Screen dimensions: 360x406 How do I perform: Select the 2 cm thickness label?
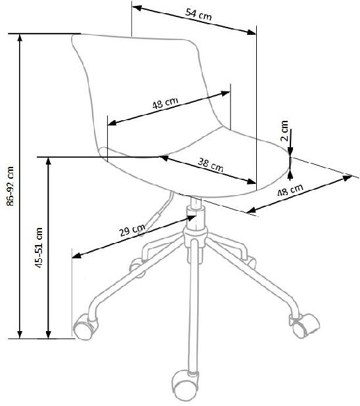[284, 131]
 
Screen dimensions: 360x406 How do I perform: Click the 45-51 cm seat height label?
[39, 248]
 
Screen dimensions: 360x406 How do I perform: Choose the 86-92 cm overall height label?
[11, 186]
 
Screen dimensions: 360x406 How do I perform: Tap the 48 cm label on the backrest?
[166, 103]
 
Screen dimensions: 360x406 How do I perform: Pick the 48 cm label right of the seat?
[290, 190]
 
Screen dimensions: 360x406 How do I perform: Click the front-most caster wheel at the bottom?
[185, 382]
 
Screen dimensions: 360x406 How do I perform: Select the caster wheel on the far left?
[85, 326]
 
